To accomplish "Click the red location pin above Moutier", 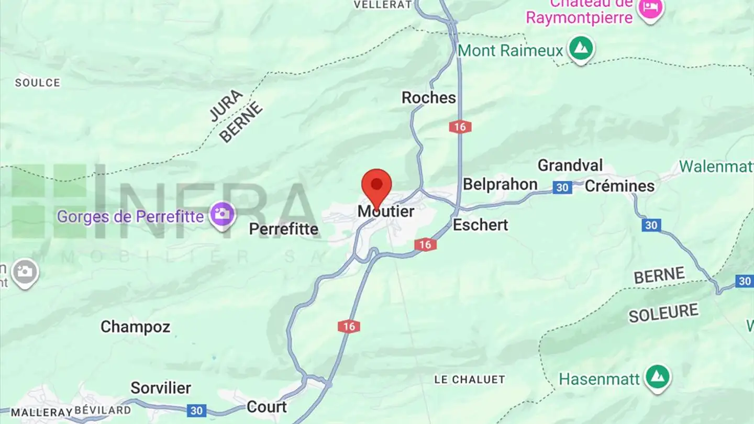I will click(x=376, y=186).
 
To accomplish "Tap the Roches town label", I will click(x=428, y=97).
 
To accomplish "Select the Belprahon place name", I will click(x=500, y=184).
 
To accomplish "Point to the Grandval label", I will click(x=570, y=165).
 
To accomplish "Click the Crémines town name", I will click(x=619, y=186).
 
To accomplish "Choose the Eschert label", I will click(x=480, y=225).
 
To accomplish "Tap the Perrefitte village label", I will click(x=283, y=229).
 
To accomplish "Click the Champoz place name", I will click(x=135, y=327).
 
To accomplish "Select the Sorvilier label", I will click(x=161, y=388).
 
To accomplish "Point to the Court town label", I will click(x=267, y=407).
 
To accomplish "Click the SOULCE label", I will click(x=37, y=83).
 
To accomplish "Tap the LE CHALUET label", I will click(x=470, y=380).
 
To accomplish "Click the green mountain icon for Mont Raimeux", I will click(x=581, y=49).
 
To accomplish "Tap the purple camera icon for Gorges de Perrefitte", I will click(x=222, y=215).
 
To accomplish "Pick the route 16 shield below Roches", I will click(x=460, y=127).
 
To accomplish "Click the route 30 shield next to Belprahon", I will click(x=562, y=187).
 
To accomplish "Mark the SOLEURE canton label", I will click(x=663, y=313).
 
